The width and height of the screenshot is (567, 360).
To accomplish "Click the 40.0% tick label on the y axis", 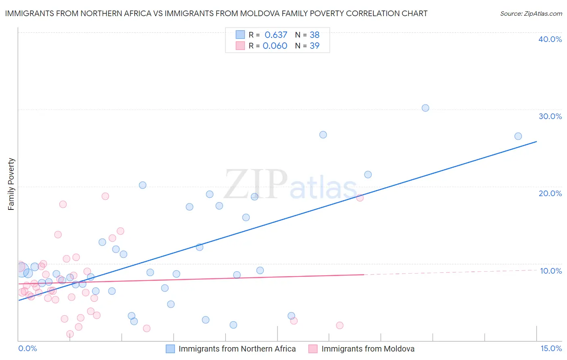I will pos(550,39).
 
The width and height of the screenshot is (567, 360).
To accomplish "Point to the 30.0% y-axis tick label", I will pos(550,116).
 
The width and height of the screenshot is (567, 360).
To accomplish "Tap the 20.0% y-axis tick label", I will pos(550,193).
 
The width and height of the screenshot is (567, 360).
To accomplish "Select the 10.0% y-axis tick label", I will pos(551,271).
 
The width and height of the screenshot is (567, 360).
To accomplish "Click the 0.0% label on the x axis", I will pos(27,348).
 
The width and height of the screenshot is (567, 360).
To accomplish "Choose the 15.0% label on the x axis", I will pos(551,348).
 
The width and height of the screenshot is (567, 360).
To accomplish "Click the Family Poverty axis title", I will pos(11,184).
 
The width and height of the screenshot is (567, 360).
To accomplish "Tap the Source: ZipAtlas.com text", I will pos(531,14).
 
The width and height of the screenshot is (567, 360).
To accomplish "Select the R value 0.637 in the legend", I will pos(276,35).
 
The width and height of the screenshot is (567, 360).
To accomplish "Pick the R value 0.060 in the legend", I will pos(275,46).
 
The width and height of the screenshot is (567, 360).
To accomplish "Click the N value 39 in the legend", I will pos(315,46).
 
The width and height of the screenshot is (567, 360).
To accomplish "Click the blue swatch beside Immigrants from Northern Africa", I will pos(170,349).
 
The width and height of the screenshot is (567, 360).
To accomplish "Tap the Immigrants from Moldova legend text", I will pos(368,349).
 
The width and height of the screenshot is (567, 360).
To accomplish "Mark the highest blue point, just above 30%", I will pos(425,108).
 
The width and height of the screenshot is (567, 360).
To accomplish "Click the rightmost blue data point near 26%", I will pos(518,136).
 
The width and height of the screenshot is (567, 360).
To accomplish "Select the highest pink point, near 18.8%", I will pos(105,196).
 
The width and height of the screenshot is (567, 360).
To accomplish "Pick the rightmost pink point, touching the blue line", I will pos(360,197).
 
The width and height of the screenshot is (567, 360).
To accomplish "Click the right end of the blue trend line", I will pos(536,141).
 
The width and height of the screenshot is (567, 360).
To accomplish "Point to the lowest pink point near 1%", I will pos(70,334).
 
